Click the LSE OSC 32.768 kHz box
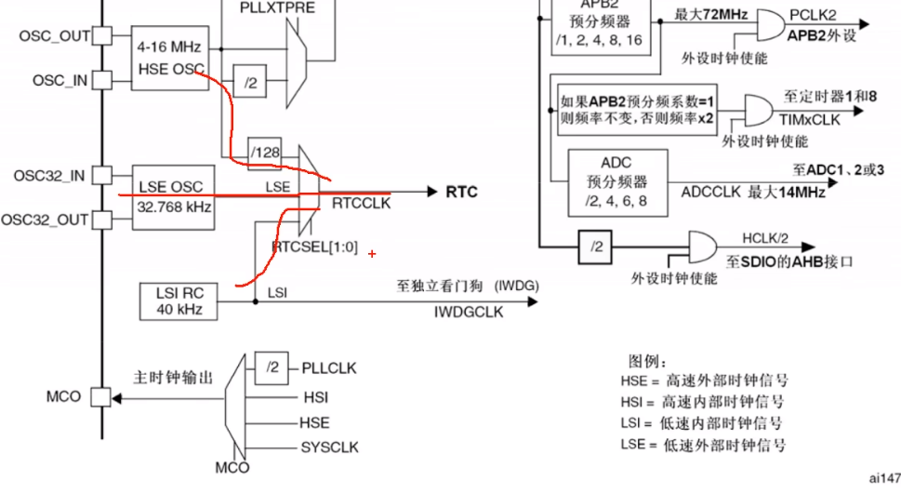click(x=175, y=196)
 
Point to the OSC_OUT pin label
click(x=53, y=35)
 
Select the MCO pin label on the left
click(x=64, y=397)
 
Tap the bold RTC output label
click(x=462, y=192)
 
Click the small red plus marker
click(x=372, y=253)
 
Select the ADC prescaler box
click(x=616, y=180)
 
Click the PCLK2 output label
click(x=815, y=17)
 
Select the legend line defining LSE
click(x=702, y=445)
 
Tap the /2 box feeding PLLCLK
click(x=271, y=368)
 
